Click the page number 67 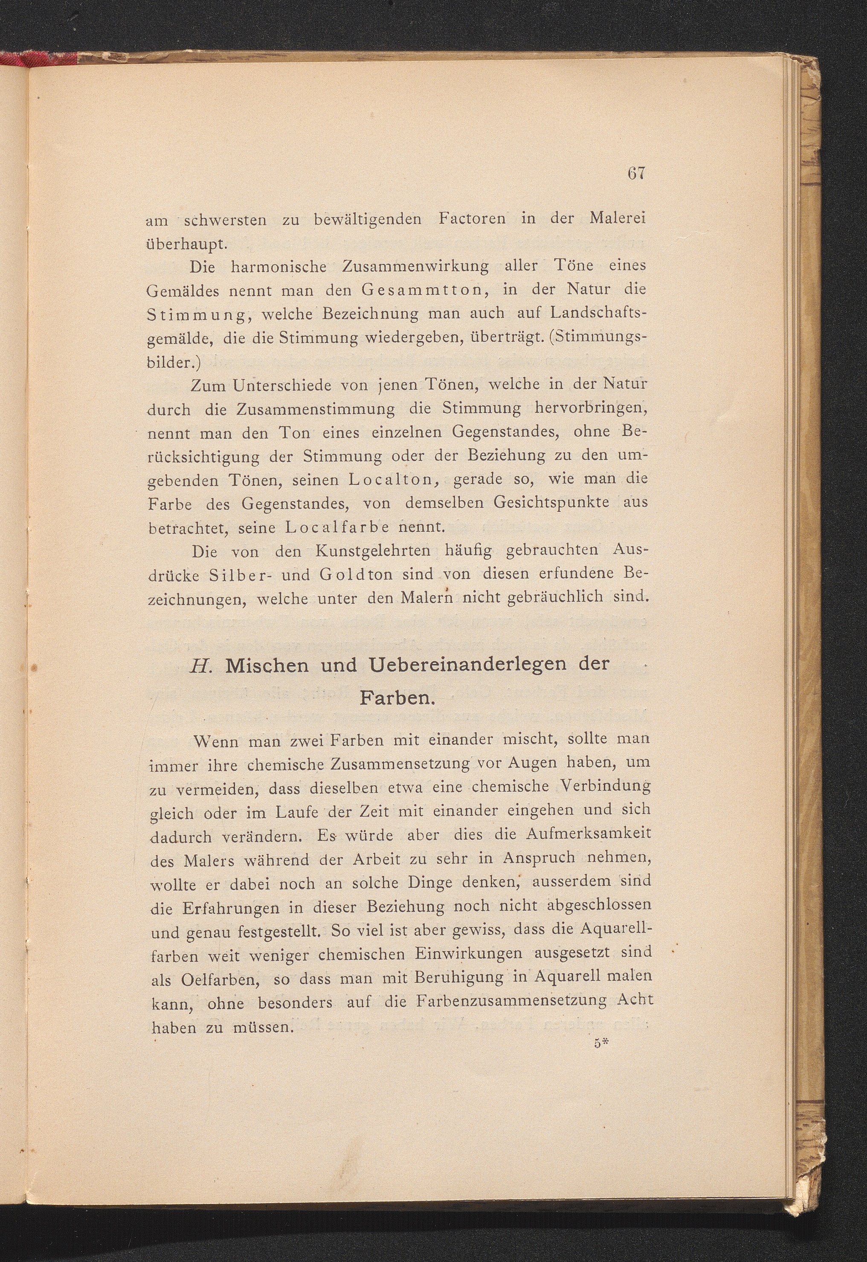pos(635,173)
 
